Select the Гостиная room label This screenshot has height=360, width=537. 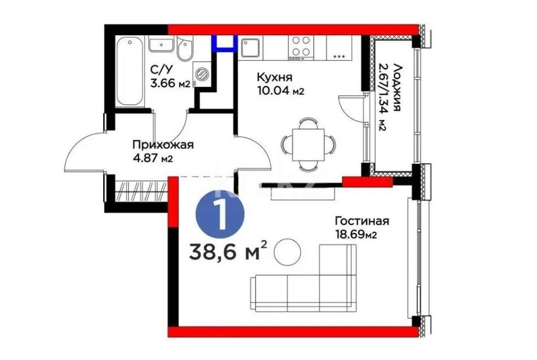361,221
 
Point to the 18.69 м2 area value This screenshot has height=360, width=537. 356,234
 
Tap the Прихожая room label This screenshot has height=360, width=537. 163,145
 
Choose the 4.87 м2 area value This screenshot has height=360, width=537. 152,158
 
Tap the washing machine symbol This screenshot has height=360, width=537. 201,73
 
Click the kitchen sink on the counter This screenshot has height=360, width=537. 250,48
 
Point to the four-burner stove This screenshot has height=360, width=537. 301,47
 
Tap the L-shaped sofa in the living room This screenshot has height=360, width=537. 306,283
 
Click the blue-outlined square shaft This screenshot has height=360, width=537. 223,43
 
